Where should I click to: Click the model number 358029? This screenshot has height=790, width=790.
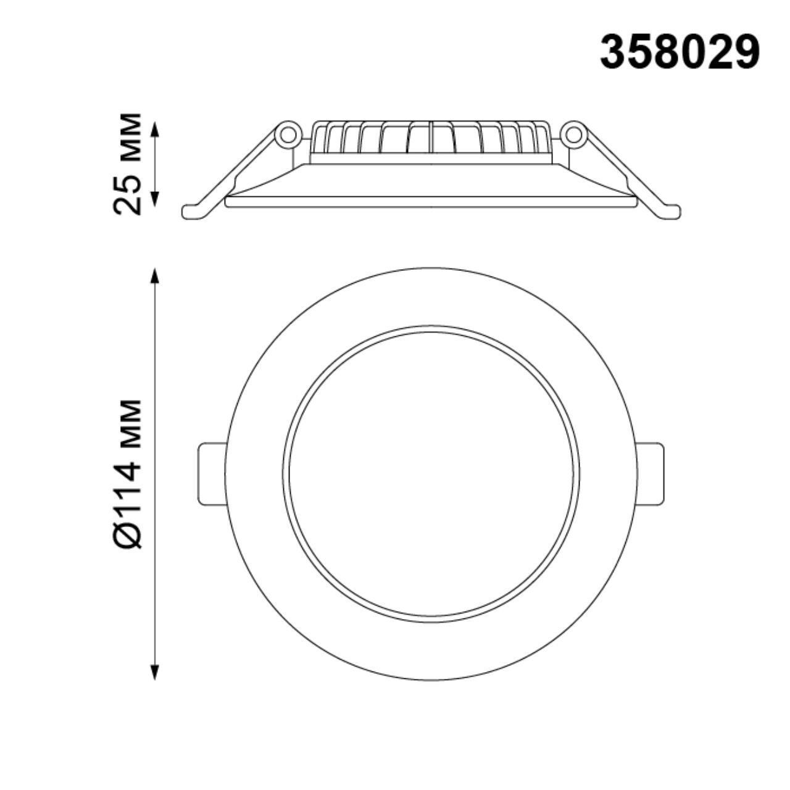click(x=680, y=52)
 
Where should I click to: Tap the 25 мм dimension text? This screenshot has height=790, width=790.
click(x=128, y=164)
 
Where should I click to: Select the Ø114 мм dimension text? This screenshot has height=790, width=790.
click(x=128, y=473)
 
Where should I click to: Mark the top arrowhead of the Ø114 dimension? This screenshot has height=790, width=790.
click(x=155, y=275)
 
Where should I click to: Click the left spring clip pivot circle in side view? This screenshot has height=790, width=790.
click(x=287, y=134)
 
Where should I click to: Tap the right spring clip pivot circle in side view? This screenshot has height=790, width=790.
click(x=573, y=134)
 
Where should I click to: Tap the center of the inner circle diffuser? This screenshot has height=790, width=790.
click(x=431, y=474)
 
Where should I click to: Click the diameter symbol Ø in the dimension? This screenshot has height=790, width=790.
click(x=128, y=534)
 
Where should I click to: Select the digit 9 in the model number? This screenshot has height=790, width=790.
click(x=746, y=52)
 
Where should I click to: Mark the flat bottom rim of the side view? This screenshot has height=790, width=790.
click(x=431, y=202)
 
